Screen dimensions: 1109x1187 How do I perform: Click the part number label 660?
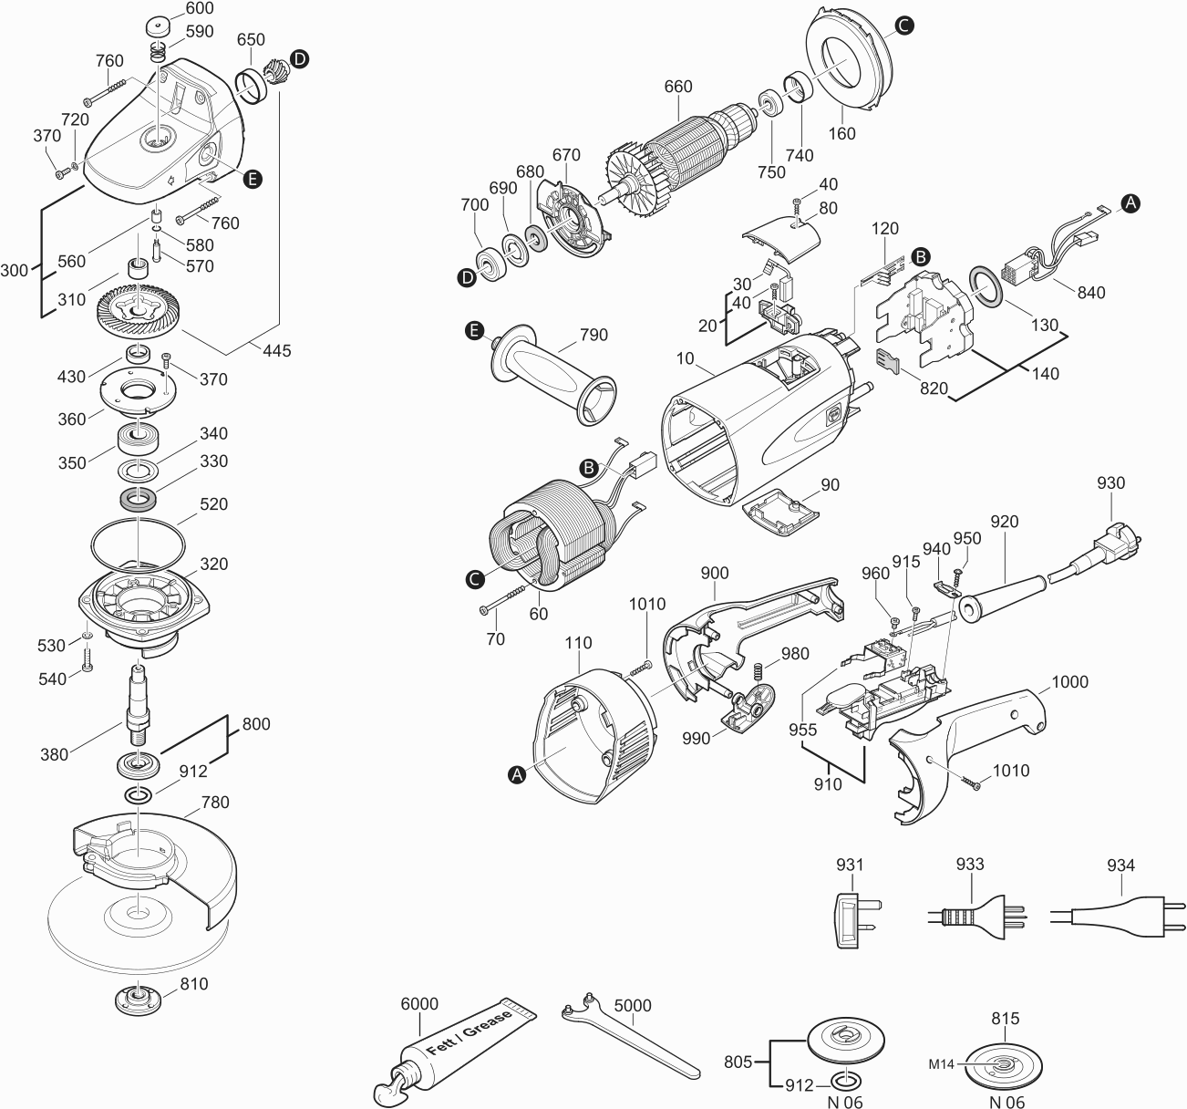tap(677, 88)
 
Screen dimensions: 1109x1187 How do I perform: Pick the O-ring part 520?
tap(137, 544)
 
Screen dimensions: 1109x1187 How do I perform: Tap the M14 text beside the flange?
tap(943, 1063)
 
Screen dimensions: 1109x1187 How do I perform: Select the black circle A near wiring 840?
tap(1130, 203)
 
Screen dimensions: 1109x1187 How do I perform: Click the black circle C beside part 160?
tap(902, 26)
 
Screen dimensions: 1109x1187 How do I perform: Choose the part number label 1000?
tap(1069, 682)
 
